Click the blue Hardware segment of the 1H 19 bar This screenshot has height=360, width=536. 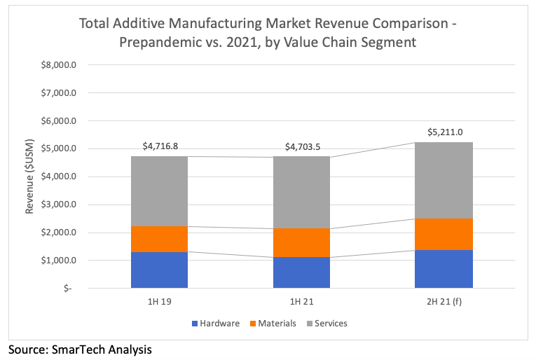[x=159, y=270]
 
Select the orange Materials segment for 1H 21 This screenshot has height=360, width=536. [x=301, y=242]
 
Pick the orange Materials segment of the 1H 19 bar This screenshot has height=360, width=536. [x=159, y=239]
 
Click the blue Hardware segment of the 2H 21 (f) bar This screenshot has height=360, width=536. [x=443, y=269]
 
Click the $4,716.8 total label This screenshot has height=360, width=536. [x=160, y=146]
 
